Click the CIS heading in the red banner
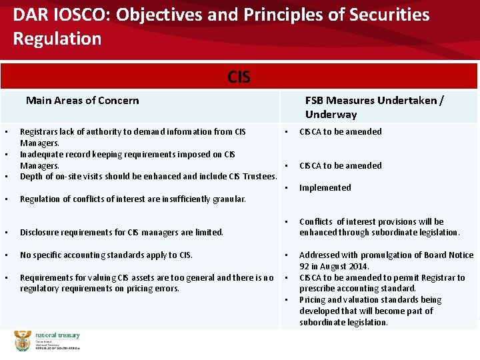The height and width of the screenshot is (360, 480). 239,77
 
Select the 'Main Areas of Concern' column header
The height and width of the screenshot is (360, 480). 82,101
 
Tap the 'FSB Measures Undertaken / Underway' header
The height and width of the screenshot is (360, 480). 374,107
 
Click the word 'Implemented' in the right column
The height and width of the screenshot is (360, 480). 325,188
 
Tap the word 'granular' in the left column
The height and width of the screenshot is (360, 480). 229,199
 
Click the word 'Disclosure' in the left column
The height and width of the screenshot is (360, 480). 41,233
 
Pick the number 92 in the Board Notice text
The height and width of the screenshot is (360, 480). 305,267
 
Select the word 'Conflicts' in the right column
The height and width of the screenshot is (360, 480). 317,222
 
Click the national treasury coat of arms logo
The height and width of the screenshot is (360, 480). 23,341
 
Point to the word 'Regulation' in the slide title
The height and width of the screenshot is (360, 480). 57,39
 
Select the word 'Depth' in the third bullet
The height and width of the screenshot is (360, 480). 31,177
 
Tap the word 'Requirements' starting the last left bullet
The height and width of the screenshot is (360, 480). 45,278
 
